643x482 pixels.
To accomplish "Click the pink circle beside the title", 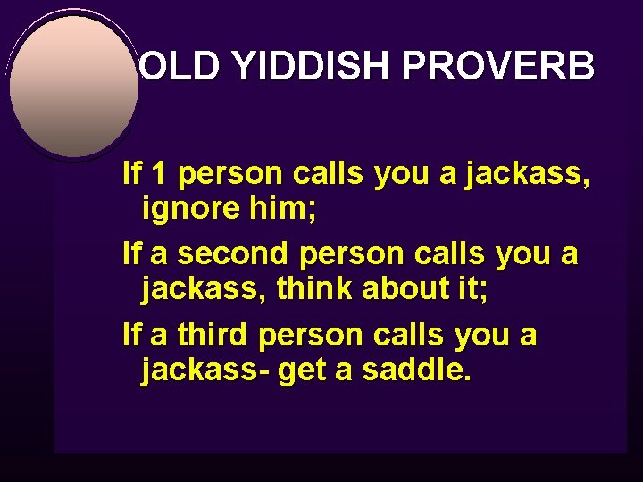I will (x=73, y=86).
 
